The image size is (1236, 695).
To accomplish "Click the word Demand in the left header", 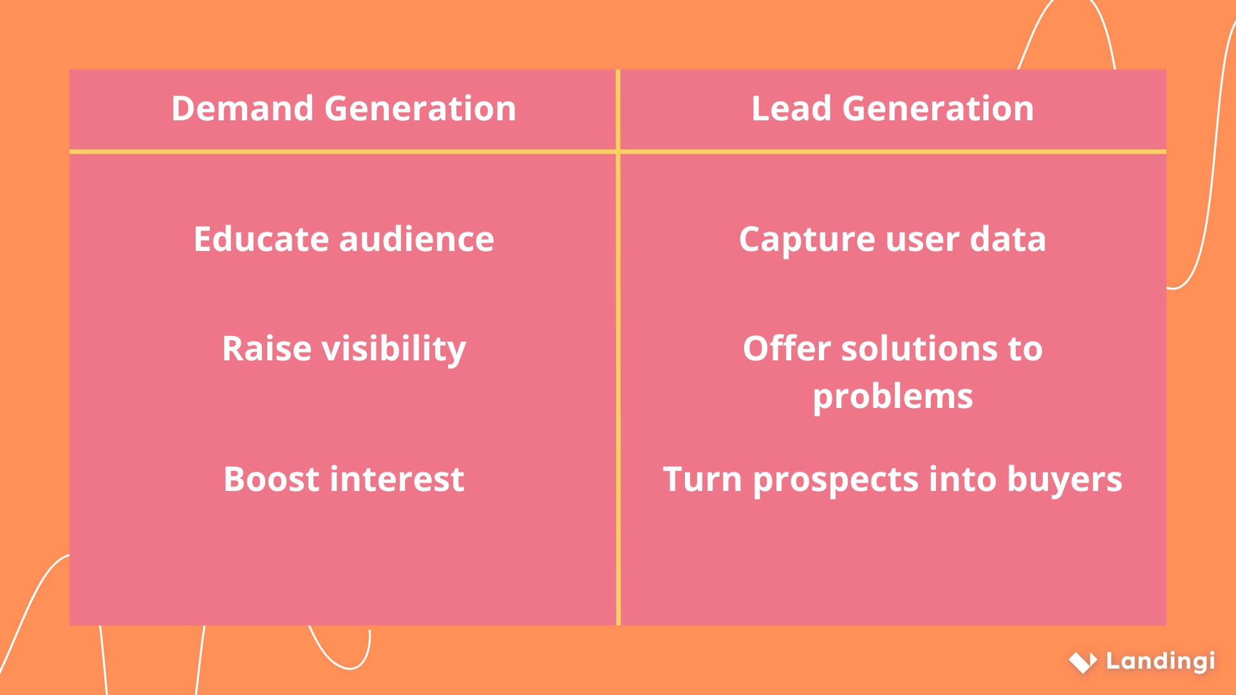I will click(242, 108).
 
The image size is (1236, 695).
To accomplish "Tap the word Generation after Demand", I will click(420, 108).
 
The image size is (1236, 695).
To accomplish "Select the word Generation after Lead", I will click(938, 108).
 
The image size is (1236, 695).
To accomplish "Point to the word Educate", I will click(261, 239).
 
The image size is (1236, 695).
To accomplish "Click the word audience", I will click(417, 239).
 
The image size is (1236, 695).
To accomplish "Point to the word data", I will click(1007, 239).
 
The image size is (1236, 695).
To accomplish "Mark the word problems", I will click(893, 397).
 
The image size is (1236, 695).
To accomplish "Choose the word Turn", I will click(702, 479).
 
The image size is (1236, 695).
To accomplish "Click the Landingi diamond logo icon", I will click(1083, 662).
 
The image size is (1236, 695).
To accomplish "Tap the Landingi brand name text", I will click(1160, 662).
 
